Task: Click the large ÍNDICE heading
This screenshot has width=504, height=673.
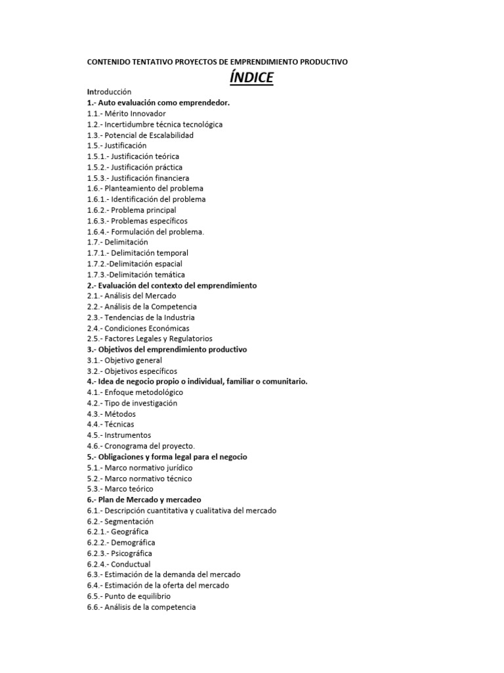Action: point(251,78)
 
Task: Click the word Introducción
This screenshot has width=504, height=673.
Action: point(110,92)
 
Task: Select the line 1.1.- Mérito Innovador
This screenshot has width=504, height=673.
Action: point(126,113)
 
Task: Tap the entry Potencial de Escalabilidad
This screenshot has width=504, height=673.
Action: point(140,135)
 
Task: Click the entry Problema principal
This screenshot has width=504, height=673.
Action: point(131,210)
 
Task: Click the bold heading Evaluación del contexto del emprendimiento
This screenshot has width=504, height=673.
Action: point(177,285)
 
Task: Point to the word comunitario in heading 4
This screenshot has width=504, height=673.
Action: point(283,381)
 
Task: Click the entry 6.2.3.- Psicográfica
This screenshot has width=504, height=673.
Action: point(119,553)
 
